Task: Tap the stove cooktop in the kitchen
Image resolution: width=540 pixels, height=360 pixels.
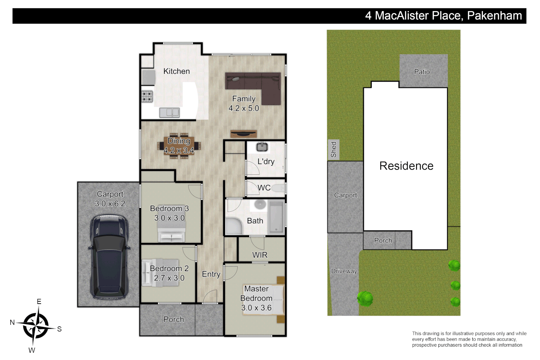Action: [x=147, y=97]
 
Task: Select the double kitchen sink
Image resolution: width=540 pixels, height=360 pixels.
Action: [x=169, y=113]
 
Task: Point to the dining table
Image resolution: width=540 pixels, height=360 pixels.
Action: [x=179, y=146]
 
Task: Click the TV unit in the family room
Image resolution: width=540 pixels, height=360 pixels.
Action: [x=244, y=134]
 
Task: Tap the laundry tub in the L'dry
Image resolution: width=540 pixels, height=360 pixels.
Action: [x=262, y=147]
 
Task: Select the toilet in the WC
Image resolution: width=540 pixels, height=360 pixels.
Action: [x=278, y=188]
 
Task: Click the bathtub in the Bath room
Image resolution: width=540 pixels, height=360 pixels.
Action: [x=276, y=217]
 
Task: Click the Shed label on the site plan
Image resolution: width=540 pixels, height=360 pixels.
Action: [x=334, y=150]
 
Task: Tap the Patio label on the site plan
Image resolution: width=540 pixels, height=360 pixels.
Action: [x=422, y=72]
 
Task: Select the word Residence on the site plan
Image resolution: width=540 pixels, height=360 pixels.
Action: [x=406, y=166]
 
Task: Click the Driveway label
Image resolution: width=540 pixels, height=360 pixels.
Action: [x=344, y=271]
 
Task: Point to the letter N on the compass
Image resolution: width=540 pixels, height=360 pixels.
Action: [x=12, y=322]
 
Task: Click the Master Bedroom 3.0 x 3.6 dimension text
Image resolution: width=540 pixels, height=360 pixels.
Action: [x=256, y=308]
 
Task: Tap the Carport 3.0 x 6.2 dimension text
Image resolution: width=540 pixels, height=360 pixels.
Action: [x=110, y=204]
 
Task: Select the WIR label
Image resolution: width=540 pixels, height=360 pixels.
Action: [x=260, y=255]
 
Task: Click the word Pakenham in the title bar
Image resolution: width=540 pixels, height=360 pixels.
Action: [x=494, y=16]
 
